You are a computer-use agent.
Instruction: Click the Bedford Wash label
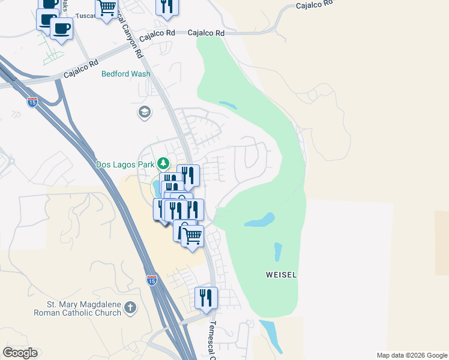(125, 74)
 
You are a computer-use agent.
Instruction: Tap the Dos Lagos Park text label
(124, 163)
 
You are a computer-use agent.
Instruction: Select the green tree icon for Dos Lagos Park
(163, 163)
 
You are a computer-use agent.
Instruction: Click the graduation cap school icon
(144, 112)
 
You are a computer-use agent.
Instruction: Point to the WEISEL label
(282, 274)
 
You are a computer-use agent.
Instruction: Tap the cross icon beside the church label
(130, 309)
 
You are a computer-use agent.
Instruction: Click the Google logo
(20, 353)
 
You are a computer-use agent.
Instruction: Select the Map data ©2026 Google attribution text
(412, 355)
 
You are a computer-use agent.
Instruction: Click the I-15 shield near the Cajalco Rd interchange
(32, 101)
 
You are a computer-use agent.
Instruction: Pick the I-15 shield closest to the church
(152, 280)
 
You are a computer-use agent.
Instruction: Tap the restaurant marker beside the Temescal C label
(206, 298)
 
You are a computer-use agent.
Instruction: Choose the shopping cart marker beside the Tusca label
(107, 8)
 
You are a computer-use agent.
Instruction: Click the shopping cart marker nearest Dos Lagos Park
(192, 236)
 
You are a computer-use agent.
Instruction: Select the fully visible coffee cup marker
(61, 28)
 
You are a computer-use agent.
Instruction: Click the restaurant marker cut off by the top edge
(167, 6)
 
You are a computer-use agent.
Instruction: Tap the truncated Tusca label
(86, 16)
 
